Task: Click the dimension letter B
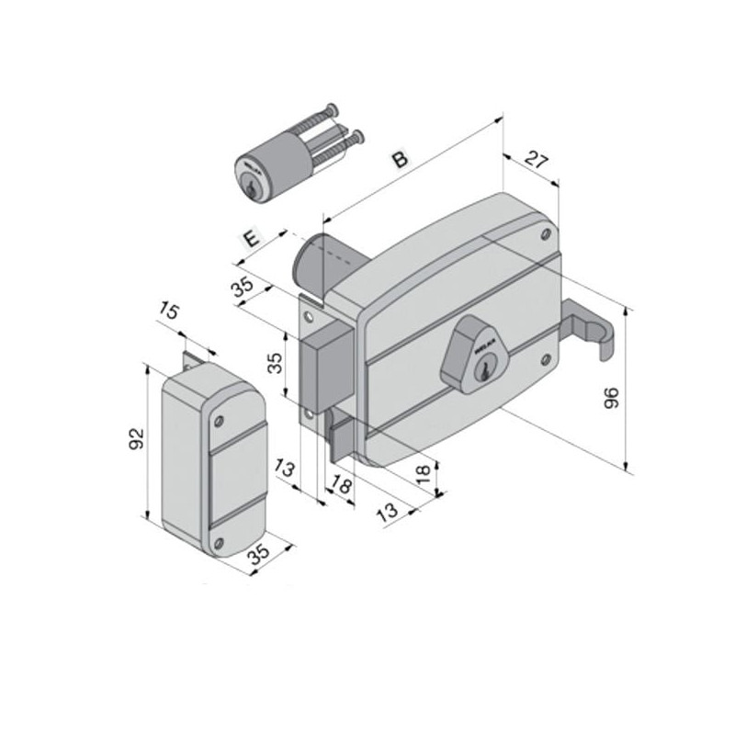(400, 158)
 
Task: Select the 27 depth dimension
(536, 159)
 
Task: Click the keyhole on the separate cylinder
(249, 187)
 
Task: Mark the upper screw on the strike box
(220, 422)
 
